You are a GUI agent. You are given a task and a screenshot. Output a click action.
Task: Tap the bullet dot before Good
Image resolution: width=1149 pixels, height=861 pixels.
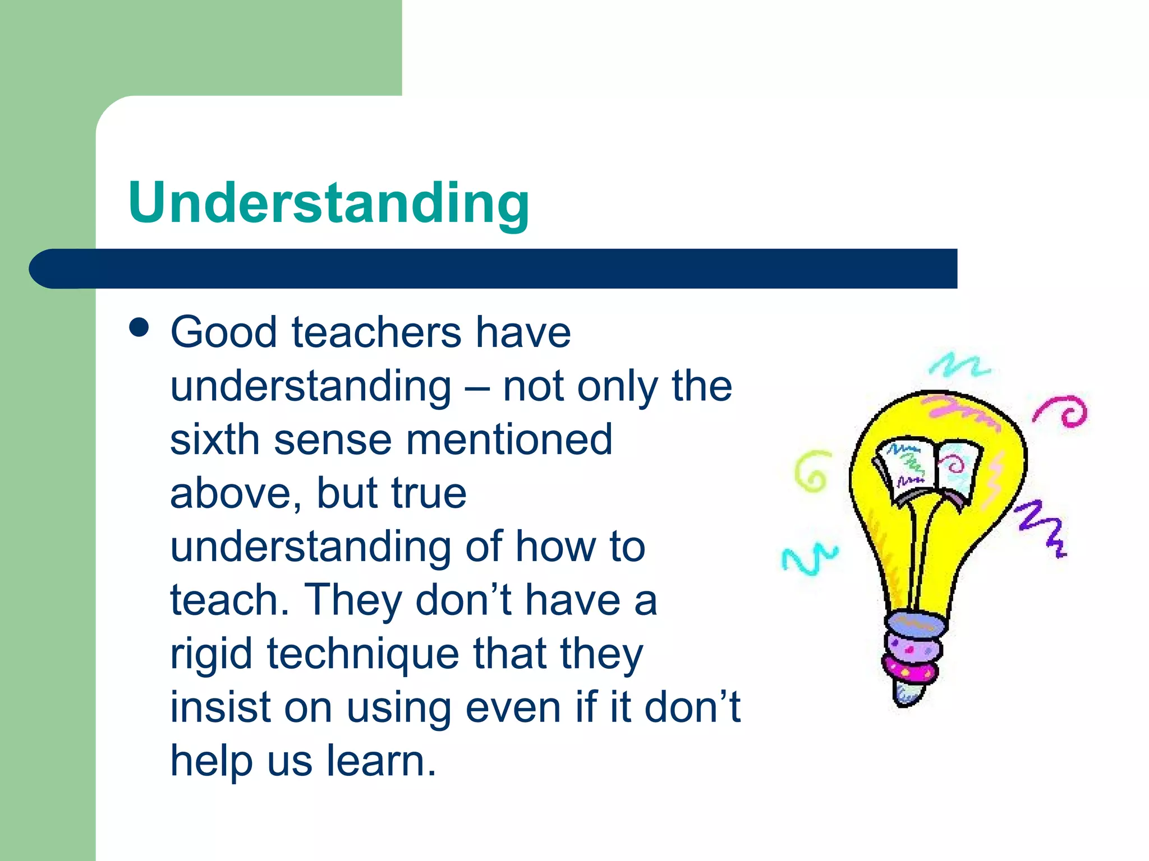click(139, 327)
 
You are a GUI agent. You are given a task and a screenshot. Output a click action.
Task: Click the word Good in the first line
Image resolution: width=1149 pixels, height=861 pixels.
click(224, 332)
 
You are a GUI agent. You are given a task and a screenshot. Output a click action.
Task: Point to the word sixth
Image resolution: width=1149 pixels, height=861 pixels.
click(215, 439)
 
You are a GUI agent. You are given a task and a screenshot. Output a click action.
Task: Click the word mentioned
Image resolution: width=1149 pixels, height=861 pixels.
click(509, 439)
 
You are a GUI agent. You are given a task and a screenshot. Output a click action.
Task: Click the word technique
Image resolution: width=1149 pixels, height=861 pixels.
click(362, 655)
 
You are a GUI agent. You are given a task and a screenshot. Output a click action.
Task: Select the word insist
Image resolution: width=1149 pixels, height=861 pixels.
click(219, 707)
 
